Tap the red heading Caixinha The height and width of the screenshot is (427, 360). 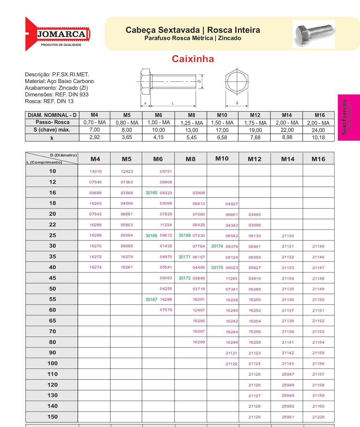pyautogui.click(x=193, y=59)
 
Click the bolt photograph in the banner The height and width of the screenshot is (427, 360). pyautogui.click(x=314, y=34)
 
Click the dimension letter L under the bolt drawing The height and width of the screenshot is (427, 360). pyautogui.click(x=173, y=103)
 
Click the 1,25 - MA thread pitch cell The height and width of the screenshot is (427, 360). pyautogui.click(x=192, y=123)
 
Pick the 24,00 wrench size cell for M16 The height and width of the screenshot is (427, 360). pyautogui.click(x=318, y=130)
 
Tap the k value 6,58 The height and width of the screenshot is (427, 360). pyautogui.click(x=222, y=138)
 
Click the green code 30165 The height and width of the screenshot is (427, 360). pyautogui.click(x=151, y=193)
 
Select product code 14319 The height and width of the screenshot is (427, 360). pyautogui.click(x=95, y=171)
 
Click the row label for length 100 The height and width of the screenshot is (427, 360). pyautogui.click(x=53, y=363)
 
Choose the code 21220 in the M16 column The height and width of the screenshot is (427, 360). pyautogui.click(x=318, y=417)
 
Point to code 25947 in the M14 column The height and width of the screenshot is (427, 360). pyautogui.click(x=288, y=374)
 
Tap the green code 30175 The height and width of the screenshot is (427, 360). pyautogui.click(x=217, y=268)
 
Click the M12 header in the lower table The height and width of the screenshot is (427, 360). pyautogui.click(x=254, y=159)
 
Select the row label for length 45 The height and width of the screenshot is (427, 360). pyautogui.click(x=53, y=278)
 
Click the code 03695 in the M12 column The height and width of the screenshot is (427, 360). pyautogui.click(x=255, y=215)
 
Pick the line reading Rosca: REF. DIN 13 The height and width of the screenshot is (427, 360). pyautogui.click(x=49, y=101)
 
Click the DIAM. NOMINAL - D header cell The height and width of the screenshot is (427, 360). pyautogui.click(x=52, y=115)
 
